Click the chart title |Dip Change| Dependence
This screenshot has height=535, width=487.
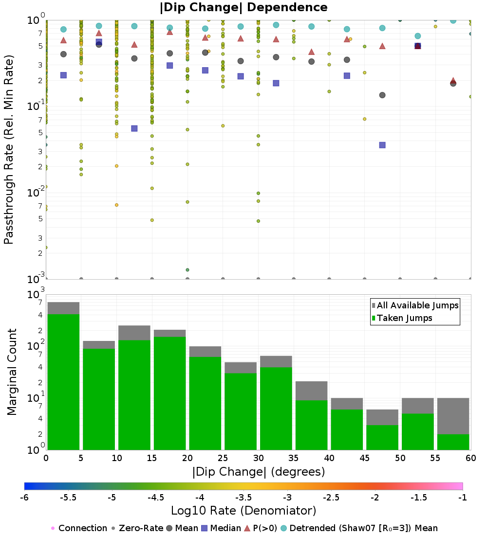click(243, 8)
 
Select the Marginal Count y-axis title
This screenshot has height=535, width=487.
click(12, 372)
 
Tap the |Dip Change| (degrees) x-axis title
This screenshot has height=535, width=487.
click(258, 472)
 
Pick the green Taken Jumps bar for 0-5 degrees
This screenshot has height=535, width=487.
click(63, 382)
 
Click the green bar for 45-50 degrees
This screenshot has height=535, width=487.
click(382, 437)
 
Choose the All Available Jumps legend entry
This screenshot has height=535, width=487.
click(415, 305)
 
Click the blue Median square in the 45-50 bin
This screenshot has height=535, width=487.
click(382, 145)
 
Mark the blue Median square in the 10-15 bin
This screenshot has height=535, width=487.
click(134, 128)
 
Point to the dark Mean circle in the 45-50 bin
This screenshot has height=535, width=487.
click(382, 95)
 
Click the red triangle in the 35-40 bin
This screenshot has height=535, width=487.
click(312, 52)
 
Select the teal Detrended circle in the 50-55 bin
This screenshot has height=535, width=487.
click(417, 36)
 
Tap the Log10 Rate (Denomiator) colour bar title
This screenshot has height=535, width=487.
click(243, 511)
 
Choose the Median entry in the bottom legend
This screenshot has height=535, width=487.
click(222, 528)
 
